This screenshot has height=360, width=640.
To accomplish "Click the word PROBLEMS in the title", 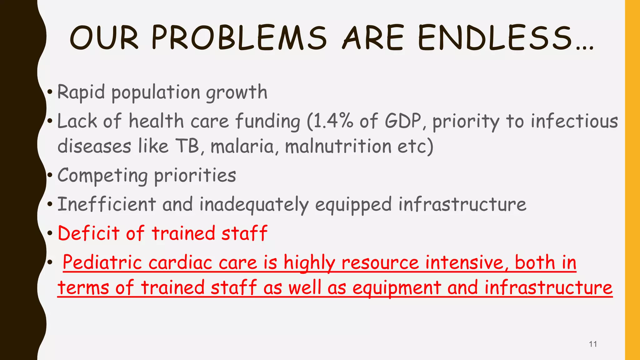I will point(239,38).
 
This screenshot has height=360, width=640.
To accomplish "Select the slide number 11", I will point(593,344).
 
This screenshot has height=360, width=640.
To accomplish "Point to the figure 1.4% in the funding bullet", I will point(332,121).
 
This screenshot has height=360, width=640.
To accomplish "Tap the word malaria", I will point(242,146).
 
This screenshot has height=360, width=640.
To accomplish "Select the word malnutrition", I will point(338,146).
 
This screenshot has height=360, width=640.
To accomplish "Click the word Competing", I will point(103,176).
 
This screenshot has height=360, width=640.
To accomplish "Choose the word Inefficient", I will point(107,204).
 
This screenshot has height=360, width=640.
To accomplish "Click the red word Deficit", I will point(89,233).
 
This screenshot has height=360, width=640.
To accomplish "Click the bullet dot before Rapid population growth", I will point(50,92).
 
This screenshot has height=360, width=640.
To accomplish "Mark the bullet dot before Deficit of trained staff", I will point(50,233).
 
